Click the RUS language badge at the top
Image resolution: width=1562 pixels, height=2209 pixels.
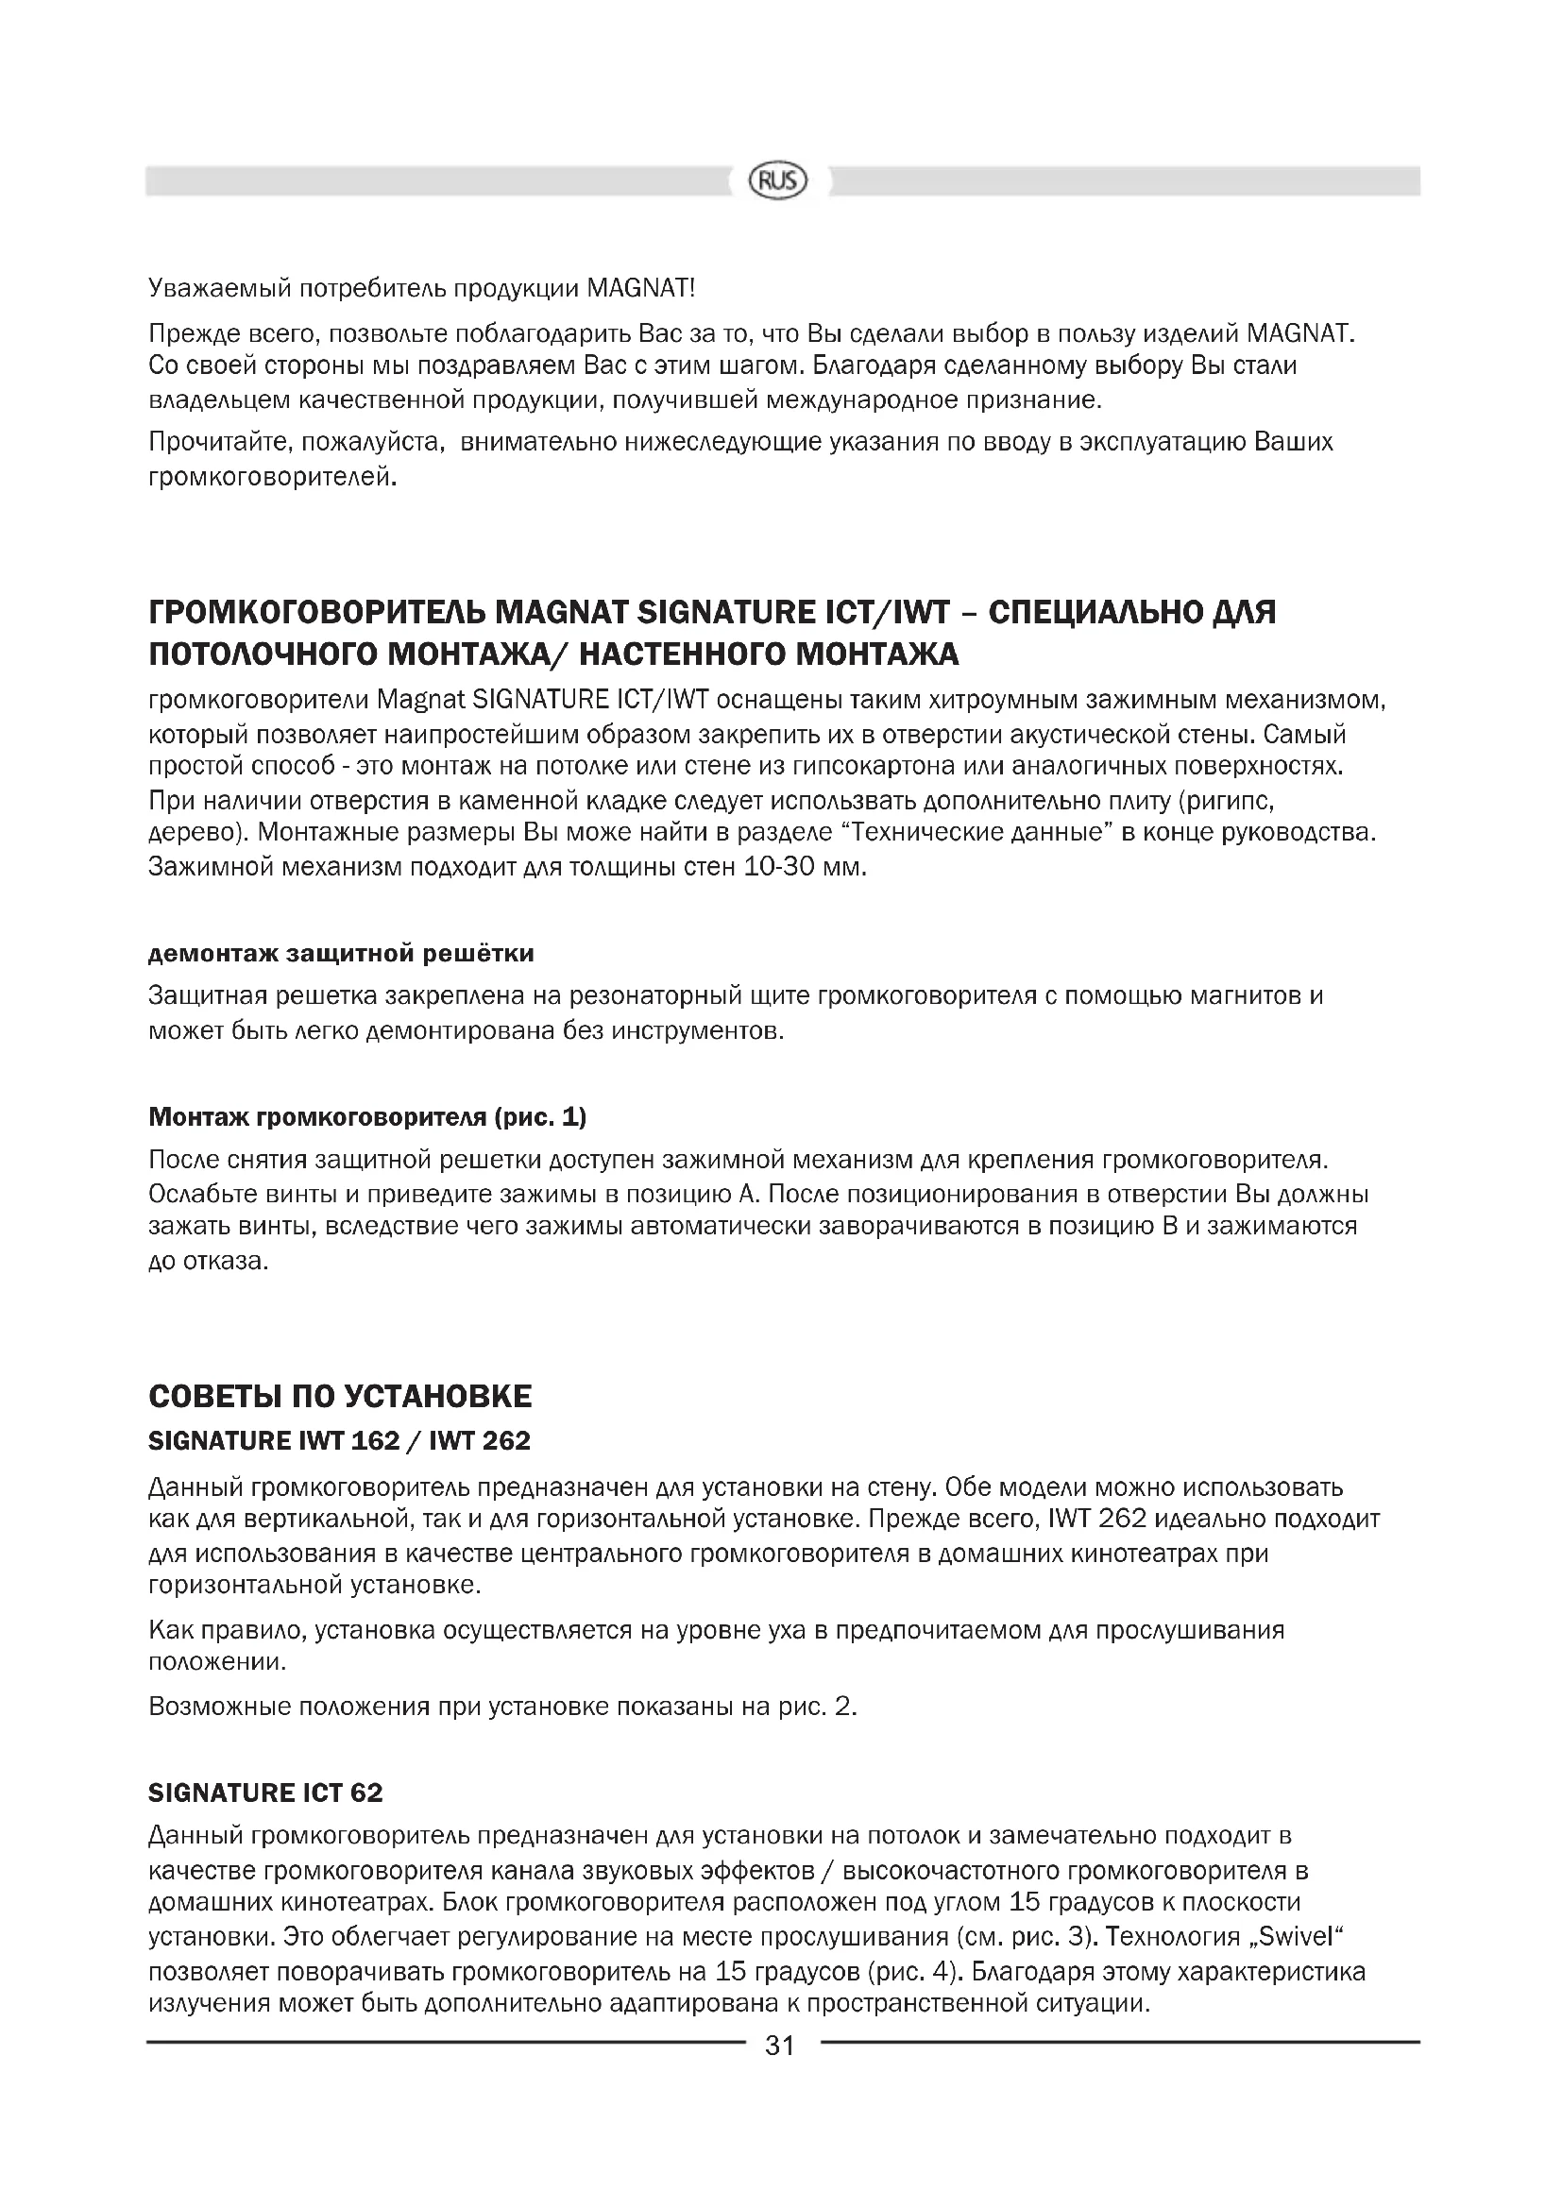pyautogui.click(x=779, y=181)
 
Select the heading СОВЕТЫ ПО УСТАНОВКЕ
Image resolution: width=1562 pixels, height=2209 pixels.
pyautogui.click(x=340, y=1396)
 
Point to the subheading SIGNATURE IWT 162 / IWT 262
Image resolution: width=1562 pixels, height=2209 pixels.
pyautogui.click(x=340, y=1440)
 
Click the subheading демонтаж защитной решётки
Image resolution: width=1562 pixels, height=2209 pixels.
pyautogui.click(x=342, y=953)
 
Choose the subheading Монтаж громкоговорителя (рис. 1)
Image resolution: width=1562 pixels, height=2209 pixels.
pyautogui.click(x=367, y=1116)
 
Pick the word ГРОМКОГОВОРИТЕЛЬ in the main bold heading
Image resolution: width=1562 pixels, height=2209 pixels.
pyautogui.click(x=315, y=612)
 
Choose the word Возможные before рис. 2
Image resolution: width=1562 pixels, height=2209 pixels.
pyautogui.click(x=218, y=1708)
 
